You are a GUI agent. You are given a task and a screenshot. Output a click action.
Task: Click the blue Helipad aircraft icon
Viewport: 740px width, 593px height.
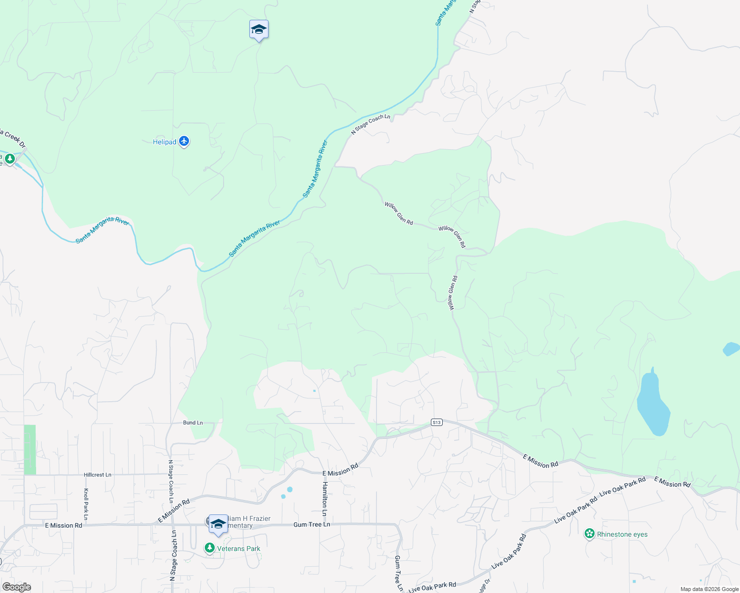point(184,142)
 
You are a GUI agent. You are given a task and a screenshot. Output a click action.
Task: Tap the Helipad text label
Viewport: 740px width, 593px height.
point(164,142)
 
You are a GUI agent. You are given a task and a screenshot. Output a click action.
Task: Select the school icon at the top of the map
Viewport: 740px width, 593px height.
point(259,30)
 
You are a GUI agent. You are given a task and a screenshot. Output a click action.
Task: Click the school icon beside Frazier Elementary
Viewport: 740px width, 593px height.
point(218,524)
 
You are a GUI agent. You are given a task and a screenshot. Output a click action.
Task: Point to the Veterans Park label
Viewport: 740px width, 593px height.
point(238,549)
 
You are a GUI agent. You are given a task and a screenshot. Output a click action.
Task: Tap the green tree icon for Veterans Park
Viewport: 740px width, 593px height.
point(210,548)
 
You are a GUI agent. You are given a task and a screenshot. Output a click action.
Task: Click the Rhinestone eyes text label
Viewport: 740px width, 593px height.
point(622,534)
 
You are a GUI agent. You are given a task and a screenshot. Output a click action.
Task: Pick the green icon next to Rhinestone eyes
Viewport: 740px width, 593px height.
point(589,534)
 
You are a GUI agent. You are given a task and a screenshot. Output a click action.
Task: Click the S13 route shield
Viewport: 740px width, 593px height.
point(436,423)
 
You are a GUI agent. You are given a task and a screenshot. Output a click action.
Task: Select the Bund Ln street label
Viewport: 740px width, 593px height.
point(193,423)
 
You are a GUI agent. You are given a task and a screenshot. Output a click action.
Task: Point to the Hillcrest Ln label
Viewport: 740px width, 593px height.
point(97,475)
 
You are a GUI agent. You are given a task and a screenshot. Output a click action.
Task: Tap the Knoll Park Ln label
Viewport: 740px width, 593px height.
point(86,504)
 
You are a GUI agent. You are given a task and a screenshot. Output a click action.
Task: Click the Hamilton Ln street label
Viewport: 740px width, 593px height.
point(325,500)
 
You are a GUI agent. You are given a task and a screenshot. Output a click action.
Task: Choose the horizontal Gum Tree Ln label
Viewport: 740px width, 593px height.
point(312,524)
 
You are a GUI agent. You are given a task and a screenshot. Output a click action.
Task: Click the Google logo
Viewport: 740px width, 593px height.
point(16,587)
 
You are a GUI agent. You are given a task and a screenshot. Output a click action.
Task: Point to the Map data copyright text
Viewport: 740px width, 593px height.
point(709,589)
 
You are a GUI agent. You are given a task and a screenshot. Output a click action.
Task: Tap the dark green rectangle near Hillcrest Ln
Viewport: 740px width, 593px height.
point(30,450)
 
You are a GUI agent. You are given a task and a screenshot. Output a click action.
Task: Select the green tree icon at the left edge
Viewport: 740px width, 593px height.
point(9,159)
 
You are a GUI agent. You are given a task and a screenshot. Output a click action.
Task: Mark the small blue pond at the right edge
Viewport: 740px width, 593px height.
point(732,349)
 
